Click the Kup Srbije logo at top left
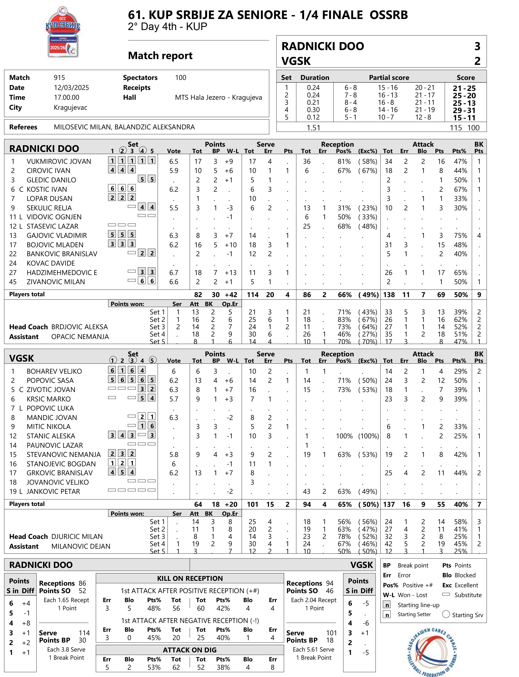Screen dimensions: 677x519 (x=63, y=32)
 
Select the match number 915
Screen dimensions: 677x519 (x=59, y=78)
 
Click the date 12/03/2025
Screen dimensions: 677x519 (x=71, y=87)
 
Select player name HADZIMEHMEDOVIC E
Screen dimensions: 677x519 (x=62, y=272)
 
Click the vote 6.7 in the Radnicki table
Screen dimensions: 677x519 (x=174, y=272)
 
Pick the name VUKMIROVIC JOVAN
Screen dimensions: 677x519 (x=59, y=161)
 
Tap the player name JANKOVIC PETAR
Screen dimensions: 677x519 (x=53, y=491)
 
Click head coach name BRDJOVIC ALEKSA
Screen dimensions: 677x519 (x=79, y=327)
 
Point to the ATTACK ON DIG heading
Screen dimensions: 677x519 (x=190, y=650)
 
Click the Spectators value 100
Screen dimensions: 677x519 (x=181, y=78)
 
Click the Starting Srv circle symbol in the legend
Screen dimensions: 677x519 (x=446, y=614)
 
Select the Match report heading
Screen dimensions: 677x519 (x=160, y=56)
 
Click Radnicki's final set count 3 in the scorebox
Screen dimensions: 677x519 (x=477, y=46)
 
